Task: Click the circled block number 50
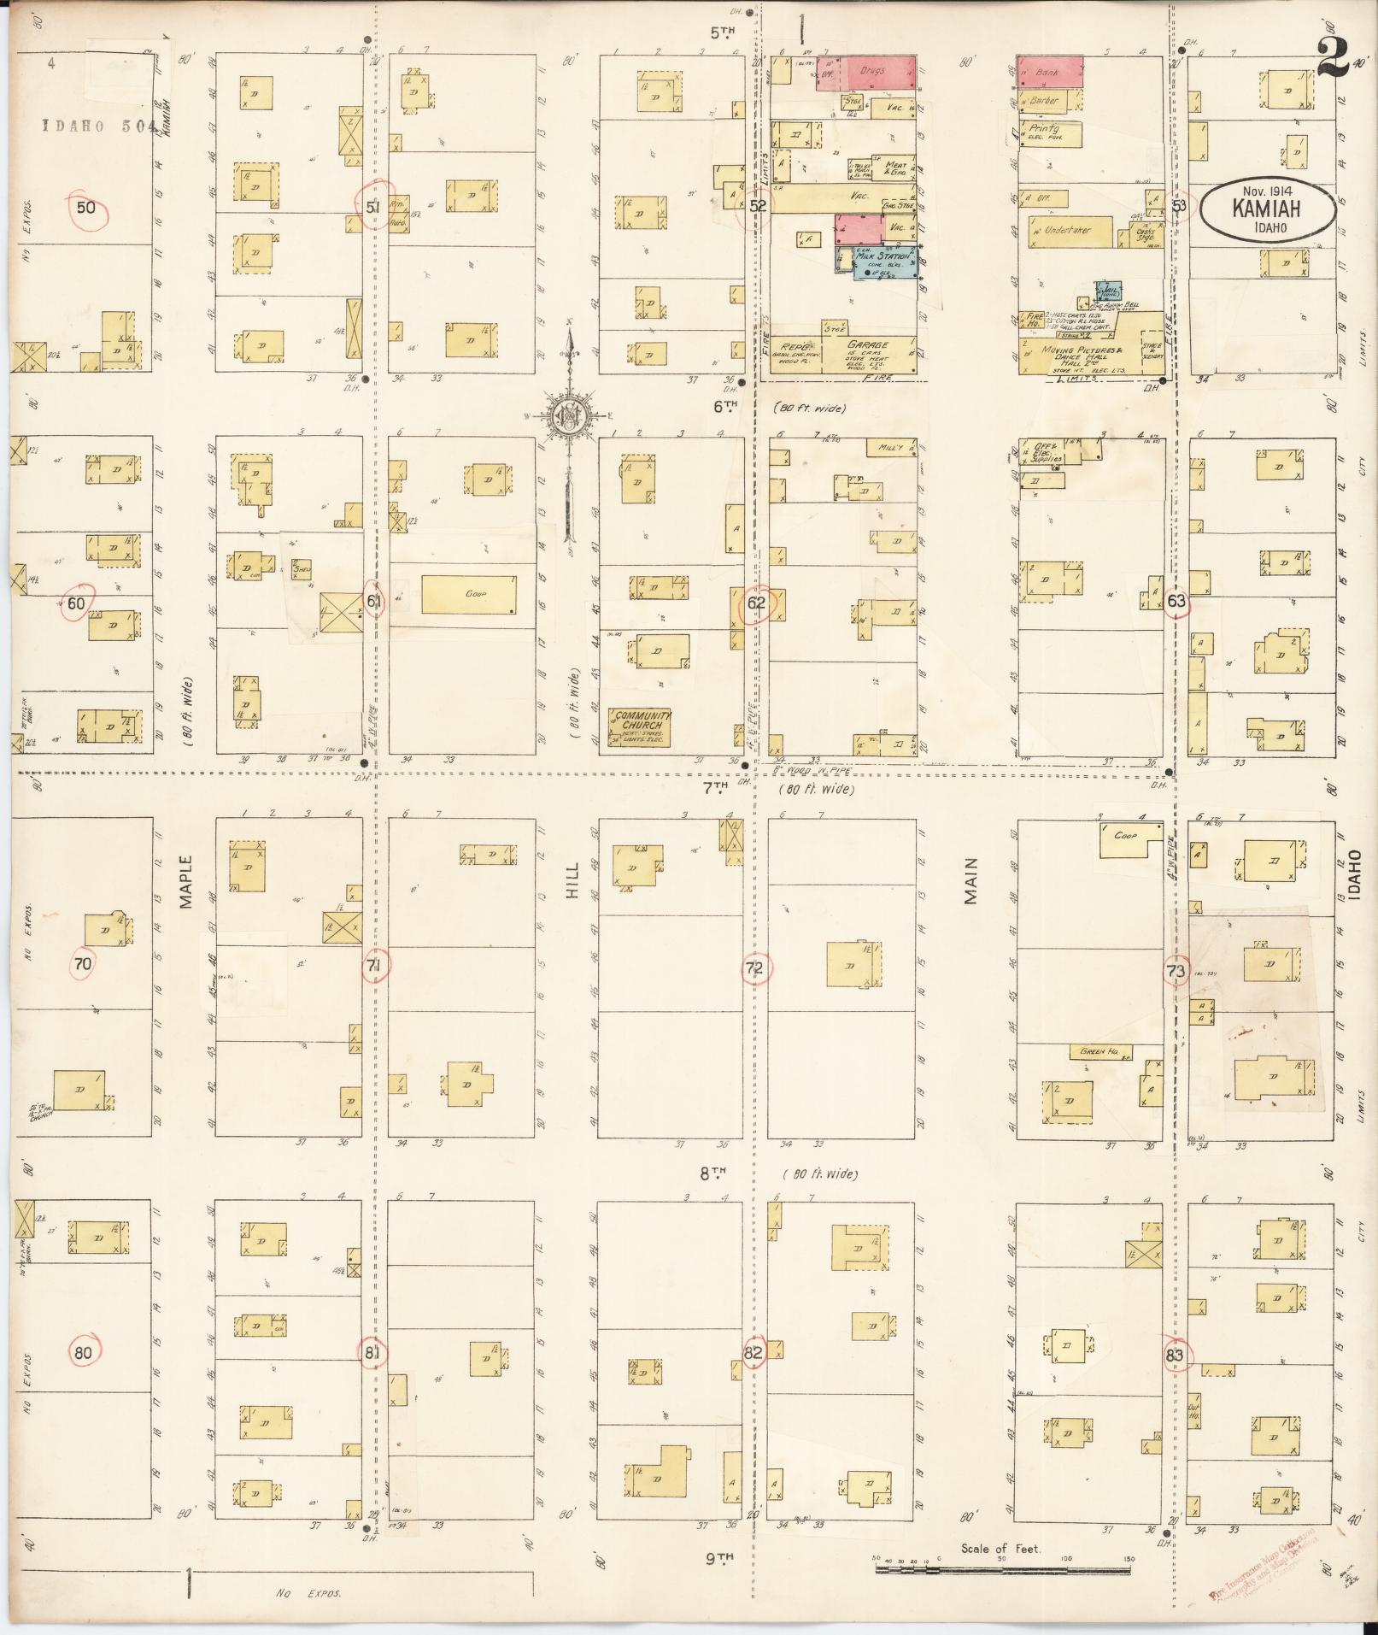coord(87,208)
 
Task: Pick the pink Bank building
coord(1049,73)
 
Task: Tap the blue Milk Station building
coord(885,263)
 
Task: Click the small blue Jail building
coord(1109,292)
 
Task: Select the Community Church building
coord(640,727)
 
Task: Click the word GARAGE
coord(869,345)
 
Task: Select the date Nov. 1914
coord(1268,192)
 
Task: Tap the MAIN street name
coord(970,880)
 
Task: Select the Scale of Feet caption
coord(1000,1548)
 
